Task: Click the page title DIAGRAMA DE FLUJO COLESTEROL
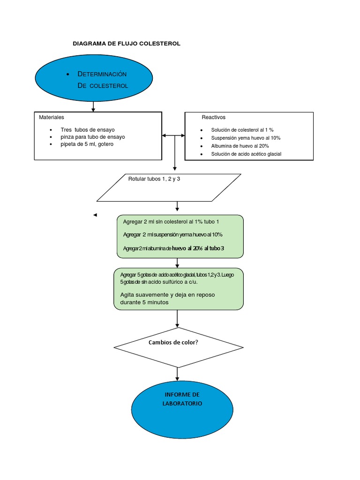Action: click(x=127, y=44)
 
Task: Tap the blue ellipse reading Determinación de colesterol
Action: click(x=94, y=78)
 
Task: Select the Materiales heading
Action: click(x=52, y=117)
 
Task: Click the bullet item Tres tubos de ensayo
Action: click(x=88, y=130)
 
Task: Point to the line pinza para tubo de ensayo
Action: click(x=93, y=137)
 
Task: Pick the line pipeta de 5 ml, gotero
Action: click(x=87, y=144)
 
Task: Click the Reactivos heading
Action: click(x=213, y=117)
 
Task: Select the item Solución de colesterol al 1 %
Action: click(x=242, y=130)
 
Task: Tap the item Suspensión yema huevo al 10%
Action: click(x=246, y=138)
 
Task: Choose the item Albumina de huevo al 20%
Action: click(x=240, y=146)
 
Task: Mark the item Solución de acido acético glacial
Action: click(x=246, y=154)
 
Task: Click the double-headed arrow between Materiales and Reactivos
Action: click(x=173, y=135)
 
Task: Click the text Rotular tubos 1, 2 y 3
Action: click(x=154, y=179)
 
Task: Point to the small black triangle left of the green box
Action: click(x=95, y=215)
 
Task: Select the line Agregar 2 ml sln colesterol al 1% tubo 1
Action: click(x=171, y=222)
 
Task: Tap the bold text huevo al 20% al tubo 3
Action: click(x=198, y=248)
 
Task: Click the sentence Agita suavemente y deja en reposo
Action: click(x=167, y=295)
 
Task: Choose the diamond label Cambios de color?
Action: click(x=173, y=342)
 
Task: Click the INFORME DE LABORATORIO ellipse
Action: click(x=182, y=410)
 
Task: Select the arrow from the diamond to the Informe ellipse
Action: click(x=177, y=374)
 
